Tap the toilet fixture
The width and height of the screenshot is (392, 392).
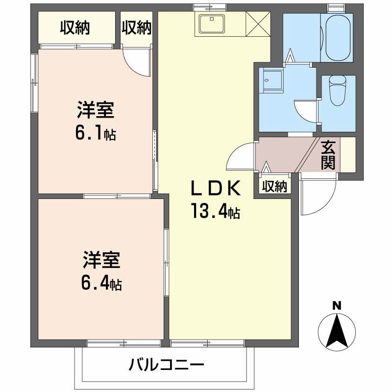pyautogui.click(x=338, y=91)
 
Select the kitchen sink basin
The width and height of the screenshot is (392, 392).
pyautogui.click(x=212, y=24)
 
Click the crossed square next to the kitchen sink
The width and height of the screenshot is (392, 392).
pyautogui.click(x=258, y=24)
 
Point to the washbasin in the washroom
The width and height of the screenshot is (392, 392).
pyautogui.click(x=271, y=82)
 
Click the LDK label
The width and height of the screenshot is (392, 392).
pyautogui.click(x=215, y=188)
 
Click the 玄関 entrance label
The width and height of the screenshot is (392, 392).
pyautogui.click(x=328, y=155)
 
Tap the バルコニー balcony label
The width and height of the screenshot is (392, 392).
pyautogui.click(x=166, y=365)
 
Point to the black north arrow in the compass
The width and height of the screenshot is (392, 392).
pyautogui.click(x=337, y=331)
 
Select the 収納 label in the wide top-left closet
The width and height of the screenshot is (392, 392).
pyautogui.click(x=75, y=27)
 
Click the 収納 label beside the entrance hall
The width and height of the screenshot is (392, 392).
pyautogui.click(x=274, y=186)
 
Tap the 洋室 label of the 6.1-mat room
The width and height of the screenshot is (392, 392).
pyautogui.click(x=96, y=110)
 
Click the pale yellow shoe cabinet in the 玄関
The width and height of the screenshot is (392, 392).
pyautogui.click(x=348, y=154)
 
